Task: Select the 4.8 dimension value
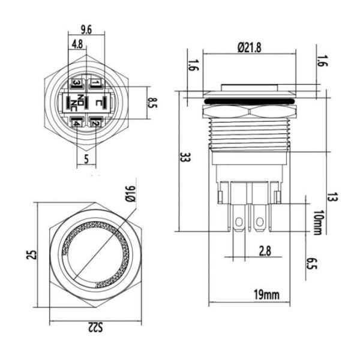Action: (x=77, y=44)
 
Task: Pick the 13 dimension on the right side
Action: (x=332, y=197)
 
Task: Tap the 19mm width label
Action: (x=266, y=294)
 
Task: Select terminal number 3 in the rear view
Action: (x=77, y=83)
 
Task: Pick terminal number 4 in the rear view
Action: (x=77, y=123)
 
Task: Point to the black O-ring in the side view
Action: (x=248, y=102)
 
